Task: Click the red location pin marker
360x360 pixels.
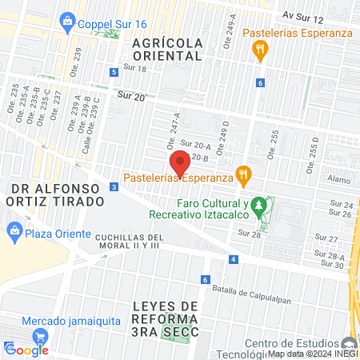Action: pyautogui.click(x=181, y=163)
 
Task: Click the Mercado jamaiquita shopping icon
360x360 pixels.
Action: pyautogui.click(x=12, y=321)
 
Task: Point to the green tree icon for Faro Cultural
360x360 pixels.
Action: pyautogui.click(x=258, y=207)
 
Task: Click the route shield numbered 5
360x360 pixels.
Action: pyautogui.click(x=114, y=73)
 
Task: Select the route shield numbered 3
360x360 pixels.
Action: pyautogui.click(x=114, y=187)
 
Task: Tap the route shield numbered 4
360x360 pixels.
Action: pyautogui.click(x=233, y=259)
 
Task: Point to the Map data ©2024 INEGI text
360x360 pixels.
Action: pyautogui.click(x=312, y=354)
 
